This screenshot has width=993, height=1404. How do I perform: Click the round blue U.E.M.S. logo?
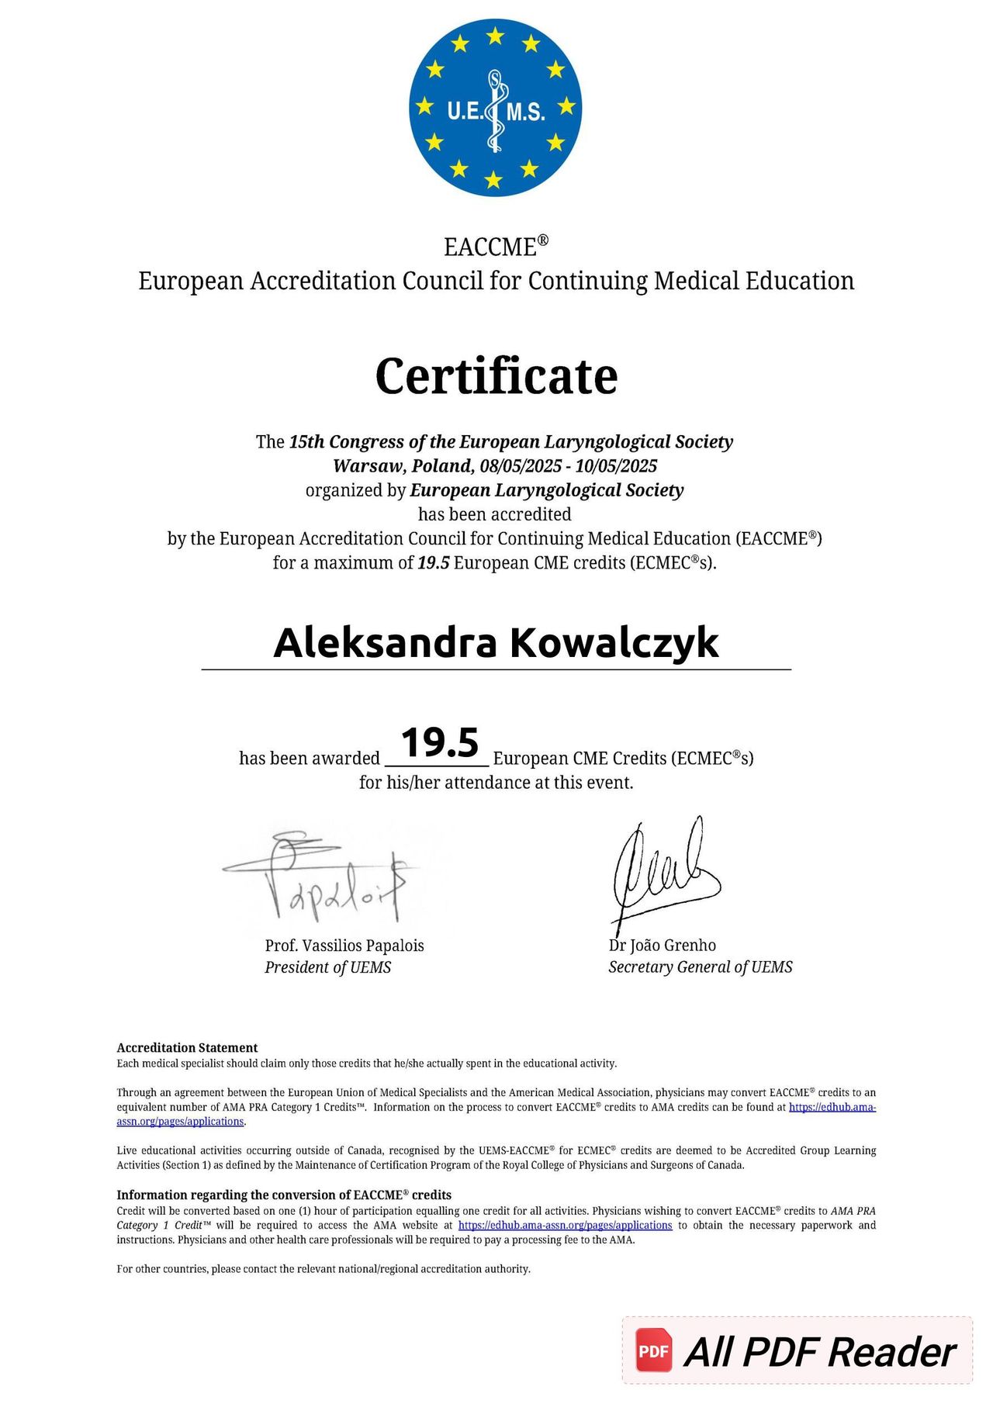(x=495, y=108)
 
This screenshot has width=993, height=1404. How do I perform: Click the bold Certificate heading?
(x=496, y=376)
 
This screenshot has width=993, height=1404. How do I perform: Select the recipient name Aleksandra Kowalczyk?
(x=496, y=643)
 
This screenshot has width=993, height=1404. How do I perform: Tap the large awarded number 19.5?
(x=440, y=743)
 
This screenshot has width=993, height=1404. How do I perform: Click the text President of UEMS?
(x=327, y=967)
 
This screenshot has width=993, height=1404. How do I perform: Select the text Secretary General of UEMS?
(x=700, y=967)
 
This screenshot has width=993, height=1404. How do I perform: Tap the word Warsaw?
(x=362, y=466)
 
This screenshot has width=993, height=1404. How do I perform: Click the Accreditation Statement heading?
(x=187, y=1048)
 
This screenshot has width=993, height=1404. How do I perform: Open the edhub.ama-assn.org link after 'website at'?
(x=565, y=1226)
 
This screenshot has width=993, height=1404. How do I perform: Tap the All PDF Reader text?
(x=819, y=1353)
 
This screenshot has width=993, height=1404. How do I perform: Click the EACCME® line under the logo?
(x=496, y=247)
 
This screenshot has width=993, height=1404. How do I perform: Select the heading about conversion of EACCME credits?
(x=284, y=1195)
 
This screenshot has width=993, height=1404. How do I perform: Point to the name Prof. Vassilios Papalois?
(x=344, y=946)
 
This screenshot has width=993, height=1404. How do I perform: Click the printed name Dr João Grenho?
(x=662, y=946)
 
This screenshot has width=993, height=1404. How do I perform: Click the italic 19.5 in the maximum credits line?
(x=434, y=563)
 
